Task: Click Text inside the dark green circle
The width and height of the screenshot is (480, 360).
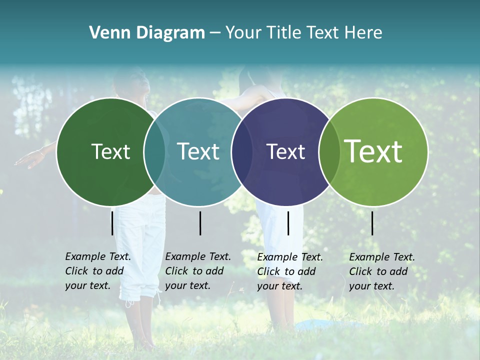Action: coord(110,151)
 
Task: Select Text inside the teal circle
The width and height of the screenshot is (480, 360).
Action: coord(198,151)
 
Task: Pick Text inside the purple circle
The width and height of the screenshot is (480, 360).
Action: coord(286,151)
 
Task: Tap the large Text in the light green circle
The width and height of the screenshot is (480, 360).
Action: coord(373,151)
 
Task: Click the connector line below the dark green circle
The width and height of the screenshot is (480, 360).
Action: coord(112,223)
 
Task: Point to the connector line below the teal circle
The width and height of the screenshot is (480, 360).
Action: coord(200,223)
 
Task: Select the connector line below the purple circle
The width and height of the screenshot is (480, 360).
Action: coord(288,223)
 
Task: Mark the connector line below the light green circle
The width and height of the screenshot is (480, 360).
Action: coord(372,223)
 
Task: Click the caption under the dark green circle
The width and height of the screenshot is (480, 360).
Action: coord(97,271)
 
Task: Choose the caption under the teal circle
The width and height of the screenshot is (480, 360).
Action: coord(197,271)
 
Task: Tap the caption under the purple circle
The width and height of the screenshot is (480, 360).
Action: coord(289,271)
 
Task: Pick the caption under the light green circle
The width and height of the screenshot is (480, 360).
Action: coord(381,271)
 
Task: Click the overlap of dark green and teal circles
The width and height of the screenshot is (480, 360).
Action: coord(154,151)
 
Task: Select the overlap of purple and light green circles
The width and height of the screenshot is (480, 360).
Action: coord(329,151)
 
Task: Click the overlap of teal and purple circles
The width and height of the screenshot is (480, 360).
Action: coord(242,151)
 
